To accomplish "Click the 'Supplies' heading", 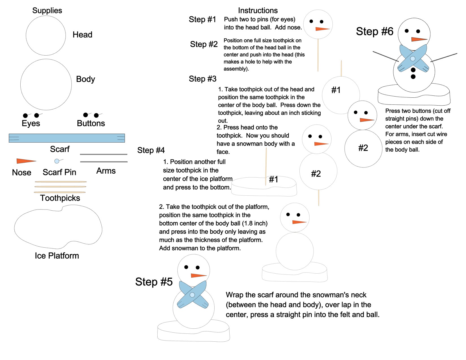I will (47, 10).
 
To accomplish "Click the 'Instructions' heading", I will (258, 10).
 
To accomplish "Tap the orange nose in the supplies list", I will (25, 161).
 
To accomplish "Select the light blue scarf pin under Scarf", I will (57, 161).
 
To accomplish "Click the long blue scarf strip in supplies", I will (67, 138).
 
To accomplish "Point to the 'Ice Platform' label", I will (57, 256).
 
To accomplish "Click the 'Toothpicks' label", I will (60, 198).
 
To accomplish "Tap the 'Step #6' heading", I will (374, 31).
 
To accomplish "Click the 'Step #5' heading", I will (154, 282).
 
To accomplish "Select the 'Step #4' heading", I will (151, 150).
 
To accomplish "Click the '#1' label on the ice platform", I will (273, 179).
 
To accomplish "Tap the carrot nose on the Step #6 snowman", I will (418, 39).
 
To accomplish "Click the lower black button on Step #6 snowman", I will (413, 77).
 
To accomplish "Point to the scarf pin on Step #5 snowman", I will (192, 295).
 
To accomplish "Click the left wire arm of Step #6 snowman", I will (385, 56).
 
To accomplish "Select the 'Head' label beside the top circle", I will (82, 35).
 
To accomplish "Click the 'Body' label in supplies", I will (85, 79).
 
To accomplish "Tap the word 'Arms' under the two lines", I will (106, 171).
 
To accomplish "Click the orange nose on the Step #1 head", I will (322, 29).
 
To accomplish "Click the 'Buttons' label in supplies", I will (91, 123).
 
